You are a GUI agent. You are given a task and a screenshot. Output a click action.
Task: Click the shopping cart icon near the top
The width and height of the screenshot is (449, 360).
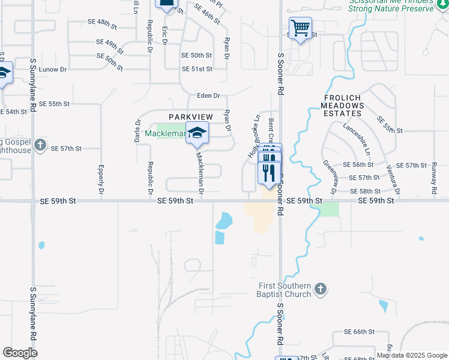(x=300, y=28)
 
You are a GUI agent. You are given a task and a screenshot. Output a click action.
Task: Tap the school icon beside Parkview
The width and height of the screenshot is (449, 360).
(x=196, y=133)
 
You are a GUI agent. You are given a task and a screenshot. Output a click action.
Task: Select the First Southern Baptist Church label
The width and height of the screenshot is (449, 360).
(x=285, y=290)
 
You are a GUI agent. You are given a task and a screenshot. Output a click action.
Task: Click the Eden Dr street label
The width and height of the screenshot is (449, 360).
(x=209, y=96)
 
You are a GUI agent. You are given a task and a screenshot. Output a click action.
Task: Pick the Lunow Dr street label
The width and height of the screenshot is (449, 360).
(x=53, y=70)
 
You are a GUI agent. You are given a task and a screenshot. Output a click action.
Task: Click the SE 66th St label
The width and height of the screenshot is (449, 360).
(x=359, y=332)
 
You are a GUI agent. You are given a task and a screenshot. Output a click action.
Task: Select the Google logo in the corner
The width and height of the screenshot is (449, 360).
(x=20, y=352)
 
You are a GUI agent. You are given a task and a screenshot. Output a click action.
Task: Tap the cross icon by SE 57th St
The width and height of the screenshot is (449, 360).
(x=40, y=145)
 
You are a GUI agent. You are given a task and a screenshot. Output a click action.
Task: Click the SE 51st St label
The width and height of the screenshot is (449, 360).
(x=197, y=69)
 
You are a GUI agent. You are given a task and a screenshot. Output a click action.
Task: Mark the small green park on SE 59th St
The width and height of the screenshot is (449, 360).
(x=329, y=209)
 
